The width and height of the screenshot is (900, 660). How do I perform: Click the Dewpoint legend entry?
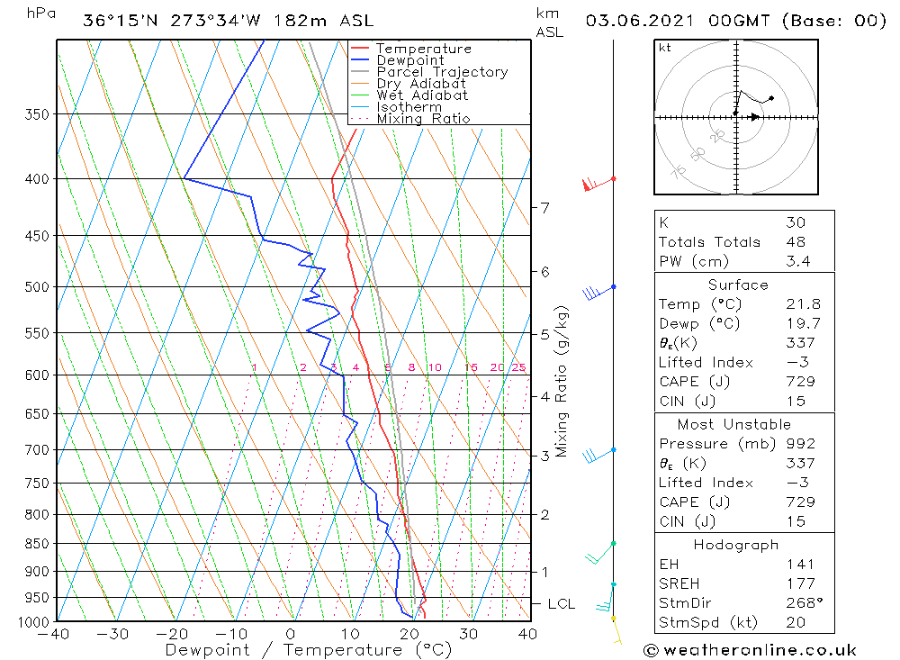pyautogui.click(x=409, y=60)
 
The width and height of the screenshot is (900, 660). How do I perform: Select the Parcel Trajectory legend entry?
pyautogui.click(x=442, y=72)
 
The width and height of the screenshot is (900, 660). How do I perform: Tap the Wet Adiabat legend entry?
pyautogui.click(x=422, y=95)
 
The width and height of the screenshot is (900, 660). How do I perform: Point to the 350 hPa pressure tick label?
pyautogui.click(x=36, y=114)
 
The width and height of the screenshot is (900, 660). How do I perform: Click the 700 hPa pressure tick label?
pyautogui.click(x=36, y=449)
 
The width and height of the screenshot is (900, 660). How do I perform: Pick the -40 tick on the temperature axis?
pyautogui.click(x=54, y=634)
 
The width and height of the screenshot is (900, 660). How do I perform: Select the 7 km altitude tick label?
pyautogui.click(x=545, y=207)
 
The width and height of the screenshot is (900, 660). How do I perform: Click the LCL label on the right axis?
pyautogui.click(x=561, y=603)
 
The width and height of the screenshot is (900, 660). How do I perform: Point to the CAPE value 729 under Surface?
pyautogui.click(x=800, y=381)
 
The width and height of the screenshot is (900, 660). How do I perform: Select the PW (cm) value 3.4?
pyautogui.click(x=797, y=261)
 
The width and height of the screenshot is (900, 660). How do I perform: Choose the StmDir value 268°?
pyautogui.click(x=801, y=603)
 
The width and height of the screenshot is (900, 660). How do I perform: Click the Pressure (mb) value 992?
pyautogui.click(x=800, y=444)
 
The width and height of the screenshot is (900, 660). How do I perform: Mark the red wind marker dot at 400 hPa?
pyautogui.click(x=613, y=178)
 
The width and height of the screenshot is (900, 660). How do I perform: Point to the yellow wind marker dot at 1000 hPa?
pyautogui.click(x=613, y=619)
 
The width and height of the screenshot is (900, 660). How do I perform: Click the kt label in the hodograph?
pyautogui.click(x=665, y=48)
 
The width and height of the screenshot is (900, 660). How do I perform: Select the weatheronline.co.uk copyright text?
pyautogui.click(x=750, y=649)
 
